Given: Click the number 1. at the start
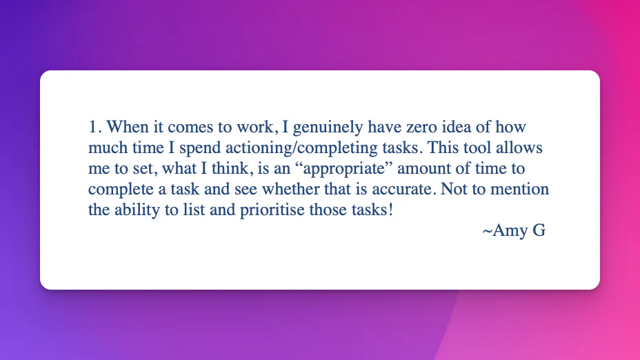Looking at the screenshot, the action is click(x=94, y=127).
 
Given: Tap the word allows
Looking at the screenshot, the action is click(x=519, y=148).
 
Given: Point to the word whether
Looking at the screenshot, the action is click(x=290, y=190).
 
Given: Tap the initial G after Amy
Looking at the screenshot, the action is click(x=539, y=230).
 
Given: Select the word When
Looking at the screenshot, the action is click(x=128, y=127).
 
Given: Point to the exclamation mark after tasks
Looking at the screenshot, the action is click(x=390, y=210).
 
